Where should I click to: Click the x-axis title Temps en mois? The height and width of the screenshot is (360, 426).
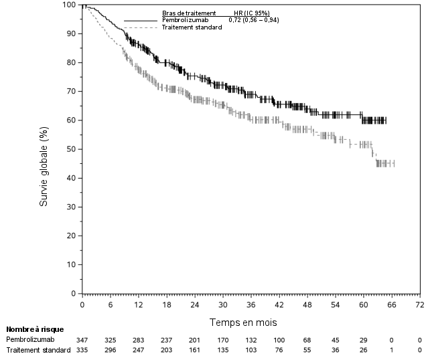click(242, 322)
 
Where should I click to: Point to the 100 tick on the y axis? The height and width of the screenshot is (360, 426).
click(70, 5)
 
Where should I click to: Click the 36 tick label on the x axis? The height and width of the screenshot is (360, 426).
click(251, 305)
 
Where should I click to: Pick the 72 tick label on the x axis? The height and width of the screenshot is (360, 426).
click(419, 305)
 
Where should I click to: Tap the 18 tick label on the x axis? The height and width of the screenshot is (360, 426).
click(166, 305)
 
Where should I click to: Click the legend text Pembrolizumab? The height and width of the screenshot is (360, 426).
click(186, 20)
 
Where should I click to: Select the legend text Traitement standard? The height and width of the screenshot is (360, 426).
click(192, 27)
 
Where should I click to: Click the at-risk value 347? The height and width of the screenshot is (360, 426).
click(82, 339)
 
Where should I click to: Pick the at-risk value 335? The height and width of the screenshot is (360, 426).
click(82, 349)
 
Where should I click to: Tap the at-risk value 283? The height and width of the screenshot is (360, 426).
click(138, 339)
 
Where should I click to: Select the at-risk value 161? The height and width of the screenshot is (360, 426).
click(194, 349)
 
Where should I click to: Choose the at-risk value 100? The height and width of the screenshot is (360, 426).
click(279, 339)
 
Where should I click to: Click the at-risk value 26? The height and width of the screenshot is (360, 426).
click(363, 349)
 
